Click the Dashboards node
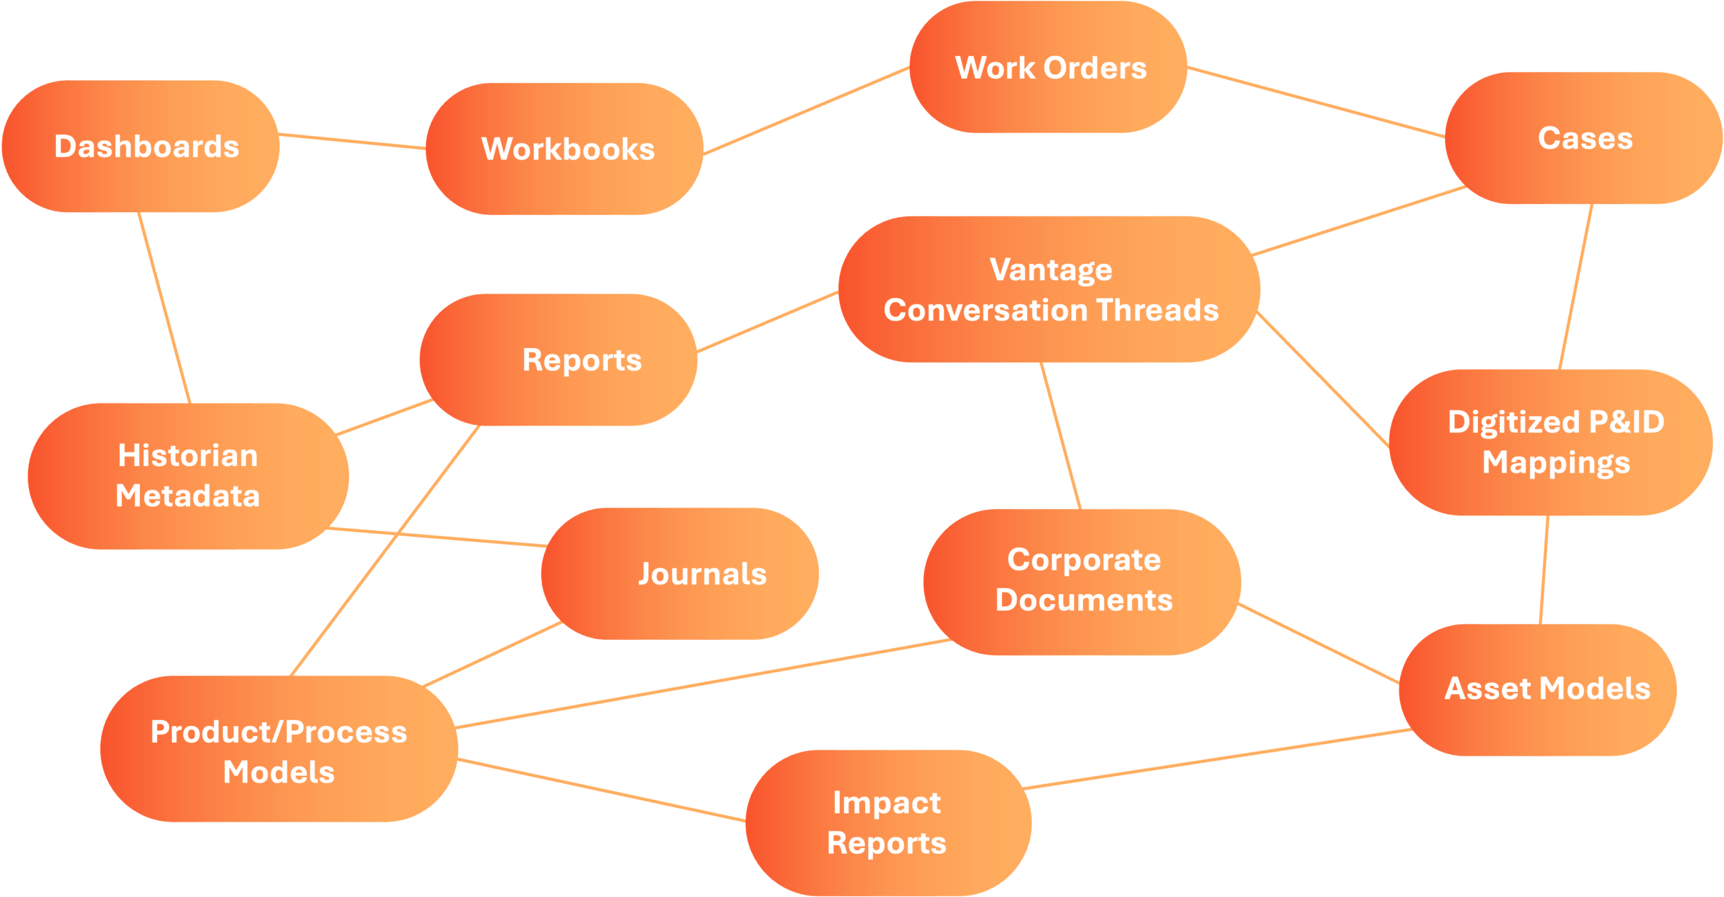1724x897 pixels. pyautogui.click(x=141, y=146)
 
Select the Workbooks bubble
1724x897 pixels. pyautogui.click(x=564, y=149)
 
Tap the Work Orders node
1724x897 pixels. pyautogui.click(x=1048, y=67)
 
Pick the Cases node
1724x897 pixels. pyautogui.click(x=1584, y=138)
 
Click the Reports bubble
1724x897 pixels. pyautogui.click(x=558, y=360)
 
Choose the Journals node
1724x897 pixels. pyautogui.click(x=680, y=574)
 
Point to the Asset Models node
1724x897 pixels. pyautogui.click(x=1538, y=690)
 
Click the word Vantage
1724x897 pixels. pyautogui.click(x=1051, y=270)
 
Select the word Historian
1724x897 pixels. pyautogui.click(x=188, y=455)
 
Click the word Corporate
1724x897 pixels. pyautogui.click(x=1084, y=560)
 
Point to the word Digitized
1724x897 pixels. pyautogui.click(x=1514, y=423)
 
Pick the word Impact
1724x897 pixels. pyautogui.click(x=887, y=803)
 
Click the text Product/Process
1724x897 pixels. pyautogui.click(x=279, y=732)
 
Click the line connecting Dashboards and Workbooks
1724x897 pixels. pyautogui.click(x=352, y=141)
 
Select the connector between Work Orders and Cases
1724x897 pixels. pyautogui.click(x=1316, y=102)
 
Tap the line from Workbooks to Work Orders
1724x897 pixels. pyautogui.click(x=806, y=111)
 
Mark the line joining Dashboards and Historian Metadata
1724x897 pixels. pyautogui.click(x=164, y=308)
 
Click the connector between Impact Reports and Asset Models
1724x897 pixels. pyautogui.click(x=1218, y=759)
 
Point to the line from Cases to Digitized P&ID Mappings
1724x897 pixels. pyautogui.click(x=1576, y=287)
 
